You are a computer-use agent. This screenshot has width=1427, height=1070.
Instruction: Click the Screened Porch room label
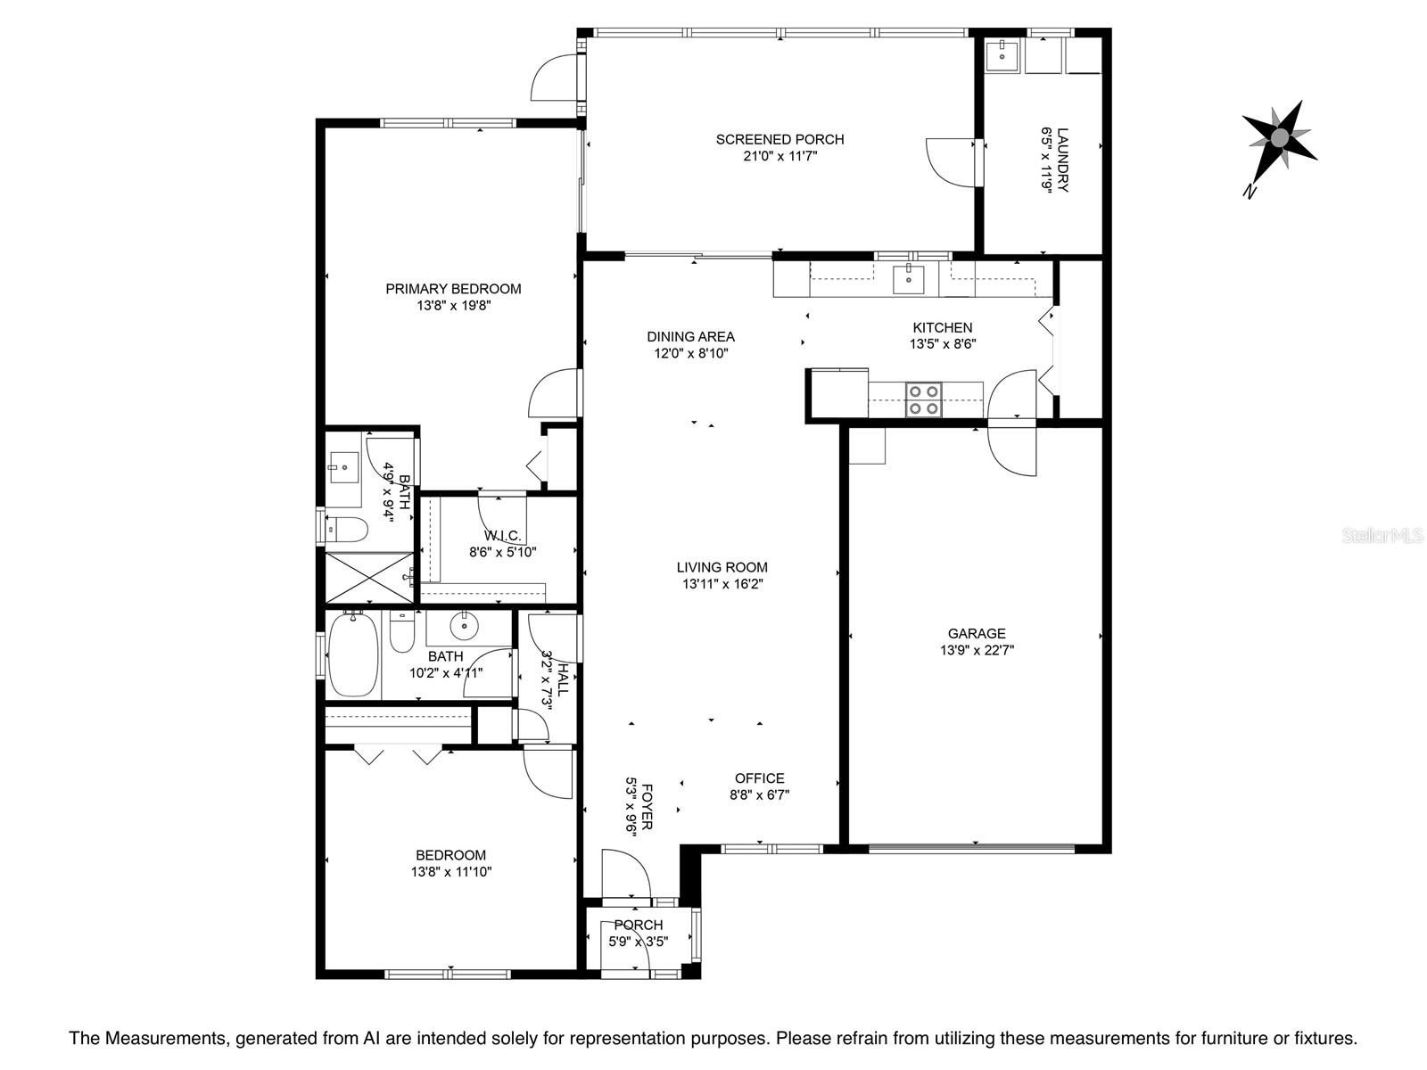coord(779,139)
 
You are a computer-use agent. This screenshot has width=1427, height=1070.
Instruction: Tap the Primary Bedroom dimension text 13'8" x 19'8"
coord(454,305)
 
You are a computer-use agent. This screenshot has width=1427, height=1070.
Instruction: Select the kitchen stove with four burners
coord(922,399)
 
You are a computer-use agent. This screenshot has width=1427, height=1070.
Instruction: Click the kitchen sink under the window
coord(909,279)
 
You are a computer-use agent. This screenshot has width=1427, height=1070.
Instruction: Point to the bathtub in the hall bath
coord(353,656)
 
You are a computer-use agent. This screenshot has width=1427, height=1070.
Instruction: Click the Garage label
coord(977,634)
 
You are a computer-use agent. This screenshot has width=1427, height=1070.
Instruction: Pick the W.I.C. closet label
coord(502,535)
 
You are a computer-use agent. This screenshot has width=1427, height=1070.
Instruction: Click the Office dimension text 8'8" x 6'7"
coord(760,794)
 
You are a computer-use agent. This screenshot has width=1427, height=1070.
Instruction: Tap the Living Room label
coord(722,567)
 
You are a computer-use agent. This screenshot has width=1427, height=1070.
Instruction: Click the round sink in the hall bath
coord(464,627)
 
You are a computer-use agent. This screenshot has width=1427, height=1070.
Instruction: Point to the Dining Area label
coord(690,336)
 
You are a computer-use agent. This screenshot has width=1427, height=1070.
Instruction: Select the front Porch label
coord(638,925)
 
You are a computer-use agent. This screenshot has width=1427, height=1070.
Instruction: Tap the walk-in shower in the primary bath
coord(368,577)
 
